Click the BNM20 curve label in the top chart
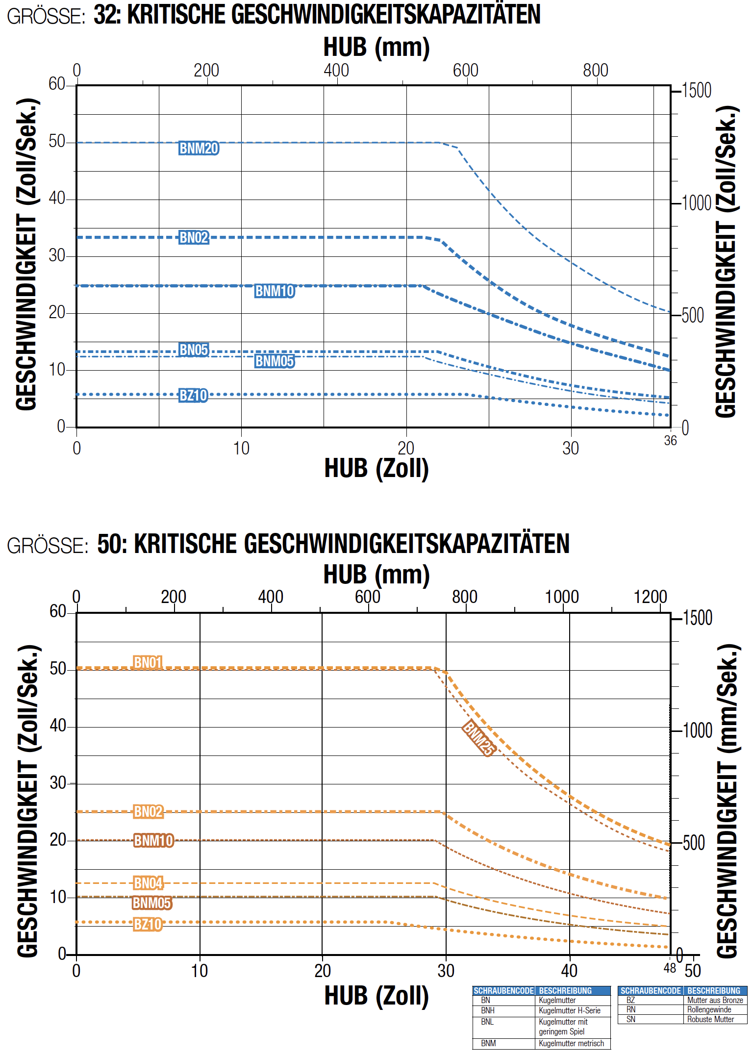(x=199, y=148)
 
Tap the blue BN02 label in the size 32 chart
(x=194, y=237)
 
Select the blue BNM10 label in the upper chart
(x=275, y=291)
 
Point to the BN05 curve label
(x=194, y=350)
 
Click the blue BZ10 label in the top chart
(x=193, y=395)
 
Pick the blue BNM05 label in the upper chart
(x=275, y=361)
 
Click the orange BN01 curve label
(x=148, y=662)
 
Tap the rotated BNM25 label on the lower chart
(x=478, y=738)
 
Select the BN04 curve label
(x=148, y=883)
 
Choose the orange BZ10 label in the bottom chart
(x=148, y=924)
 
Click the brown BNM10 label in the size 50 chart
(x=153, y=840)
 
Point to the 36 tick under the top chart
(x=670, y=441)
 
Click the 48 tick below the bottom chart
(x=670, y=968)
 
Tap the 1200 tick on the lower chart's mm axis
(x=650, y=597)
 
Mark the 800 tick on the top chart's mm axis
(x=595, y=70)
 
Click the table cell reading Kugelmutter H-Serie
(x=569, y=1010)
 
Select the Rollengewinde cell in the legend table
(x=709, y=1009)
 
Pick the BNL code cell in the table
(x=487, y=1022)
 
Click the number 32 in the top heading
(x=105, y=14)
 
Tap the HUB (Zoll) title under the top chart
(x=376, y=468)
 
